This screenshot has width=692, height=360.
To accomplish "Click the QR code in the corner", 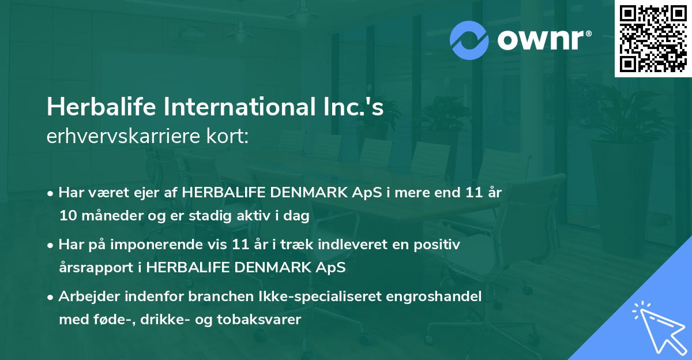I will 653,39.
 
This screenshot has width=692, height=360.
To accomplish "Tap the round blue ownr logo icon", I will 469,39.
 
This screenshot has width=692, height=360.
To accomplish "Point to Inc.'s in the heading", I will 358,108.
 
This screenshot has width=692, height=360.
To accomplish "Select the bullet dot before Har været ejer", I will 51,194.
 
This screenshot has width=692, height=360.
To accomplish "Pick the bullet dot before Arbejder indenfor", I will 51,298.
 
